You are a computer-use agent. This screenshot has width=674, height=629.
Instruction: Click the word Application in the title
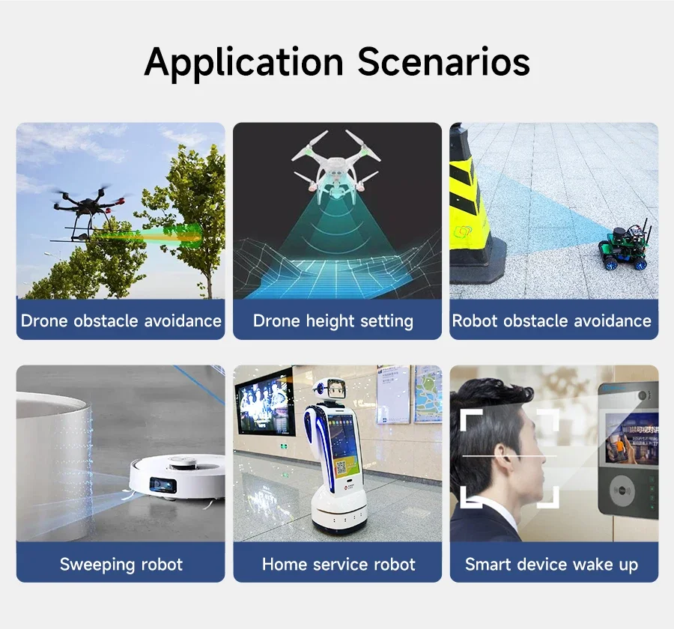pyautogui.click(x=243, y=63)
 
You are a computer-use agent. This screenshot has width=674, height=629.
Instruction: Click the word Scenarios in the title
pyautogui.click(x=443, y=61)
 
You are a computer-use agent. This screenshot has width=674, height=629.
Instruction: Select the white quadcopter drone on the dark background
pyautogui.click(x=336, y=168)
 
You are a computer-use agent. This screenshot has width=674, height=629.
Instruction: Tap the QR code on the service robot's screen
pyautogui.click(x=341, y=467)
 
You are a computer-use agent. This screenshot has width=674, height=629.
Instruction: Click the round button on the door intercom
pyautogui.click(x=622, y=490)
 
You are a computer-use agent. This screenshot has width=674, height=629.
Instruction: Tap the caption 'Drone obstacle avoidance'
pyautogui.click(x=121, y=320)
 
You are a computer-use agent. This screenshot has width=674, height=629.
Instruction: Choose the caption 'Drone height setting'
pyautogui.click(x=333, y=321)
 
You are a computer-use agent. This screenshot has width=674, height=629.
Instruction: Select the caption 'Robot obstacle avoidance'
pyautogui.click(x=551, y=320)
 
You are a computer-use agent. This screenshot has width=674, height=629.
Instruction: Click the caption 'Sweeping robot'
pyautogui.click(x=121, y=564)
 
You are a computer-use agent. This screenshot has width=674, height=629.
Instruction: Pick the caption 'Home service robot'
pyautogui.click(x=338, y=564)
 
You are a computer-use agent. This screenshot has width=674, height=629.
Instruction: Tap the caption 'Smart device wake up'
pyautogui.click(x=551, y=565)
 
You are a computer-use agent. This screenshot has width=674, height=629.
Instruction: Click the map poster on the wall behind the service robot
pyautogui.click(x=428, y=393)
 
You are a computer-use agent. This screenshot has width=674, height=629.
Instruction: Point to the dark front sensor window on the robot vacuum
pyautogui.click(x=163, y=485)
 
